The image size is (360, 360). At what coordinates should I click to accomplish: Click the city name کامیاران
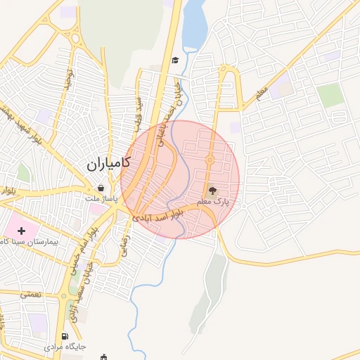click(109, 164)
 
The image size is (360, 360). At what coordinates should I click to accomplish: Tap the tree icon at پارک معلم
click(213, 189)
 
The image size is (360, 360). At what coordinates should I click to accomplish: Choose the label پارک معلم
click(213, 202)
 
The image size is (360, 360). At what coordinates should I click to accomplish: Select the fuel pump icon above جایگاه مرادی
click(65, 337)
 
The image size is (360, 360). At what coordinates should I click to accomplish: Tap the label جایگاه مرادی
click(65, 347)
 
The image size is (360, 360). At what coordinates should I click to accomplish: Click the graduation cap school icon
click(174, 60)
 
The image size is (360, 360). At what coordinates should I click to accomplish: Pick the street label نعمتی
click(31, 295)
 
